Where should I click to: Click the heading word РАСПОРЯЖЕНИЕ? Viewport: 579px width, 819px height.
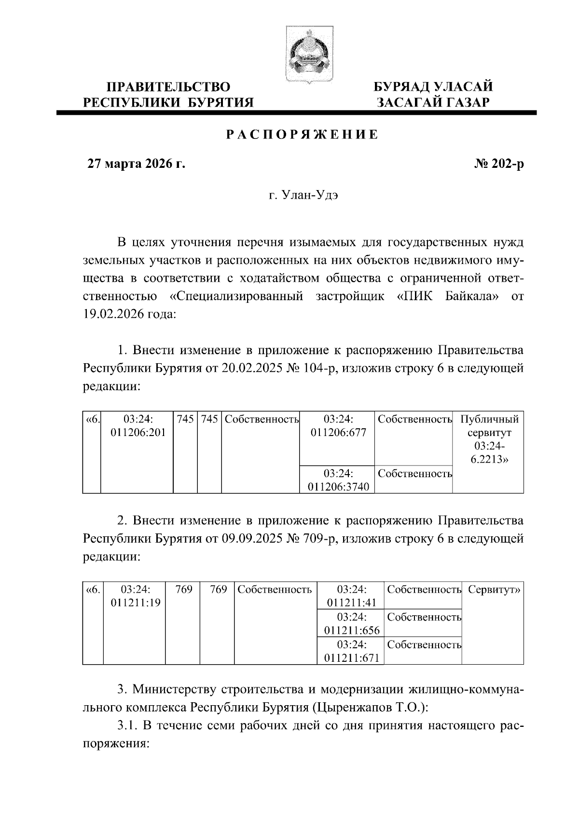[x=303, y=135]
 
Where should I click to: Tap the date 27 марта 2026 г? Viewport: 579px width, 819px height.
[x=136, y=164]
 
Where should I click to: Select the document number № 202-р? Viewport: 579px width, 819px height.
[x=499, y=164]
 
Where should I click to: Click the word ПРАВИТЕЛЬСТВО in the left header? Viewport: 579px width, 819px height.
[x=168, y=87]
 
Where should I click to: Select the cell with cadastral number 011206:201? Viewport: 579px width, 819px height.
[x=138, y=426]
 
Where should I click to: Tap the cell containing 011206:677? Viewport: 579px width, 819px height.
[x=338, y=426]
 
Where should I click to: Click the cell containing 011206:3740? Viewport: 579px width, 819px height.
[x=338, y=480]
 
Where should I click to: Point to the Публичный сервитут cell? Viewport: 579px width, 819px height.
[x=489, y=439]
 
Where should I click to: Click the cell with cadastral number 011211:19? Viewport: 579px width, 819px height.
[x=136, y=596]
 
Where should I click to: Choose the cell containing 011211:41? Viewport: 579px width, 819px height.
[x=351, y=596]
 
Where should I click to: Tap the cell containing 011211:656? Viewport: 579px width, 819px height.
[x=351, y=624]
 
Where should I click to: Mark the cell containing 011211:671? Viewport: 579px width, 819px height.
[x=351, y=652]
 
